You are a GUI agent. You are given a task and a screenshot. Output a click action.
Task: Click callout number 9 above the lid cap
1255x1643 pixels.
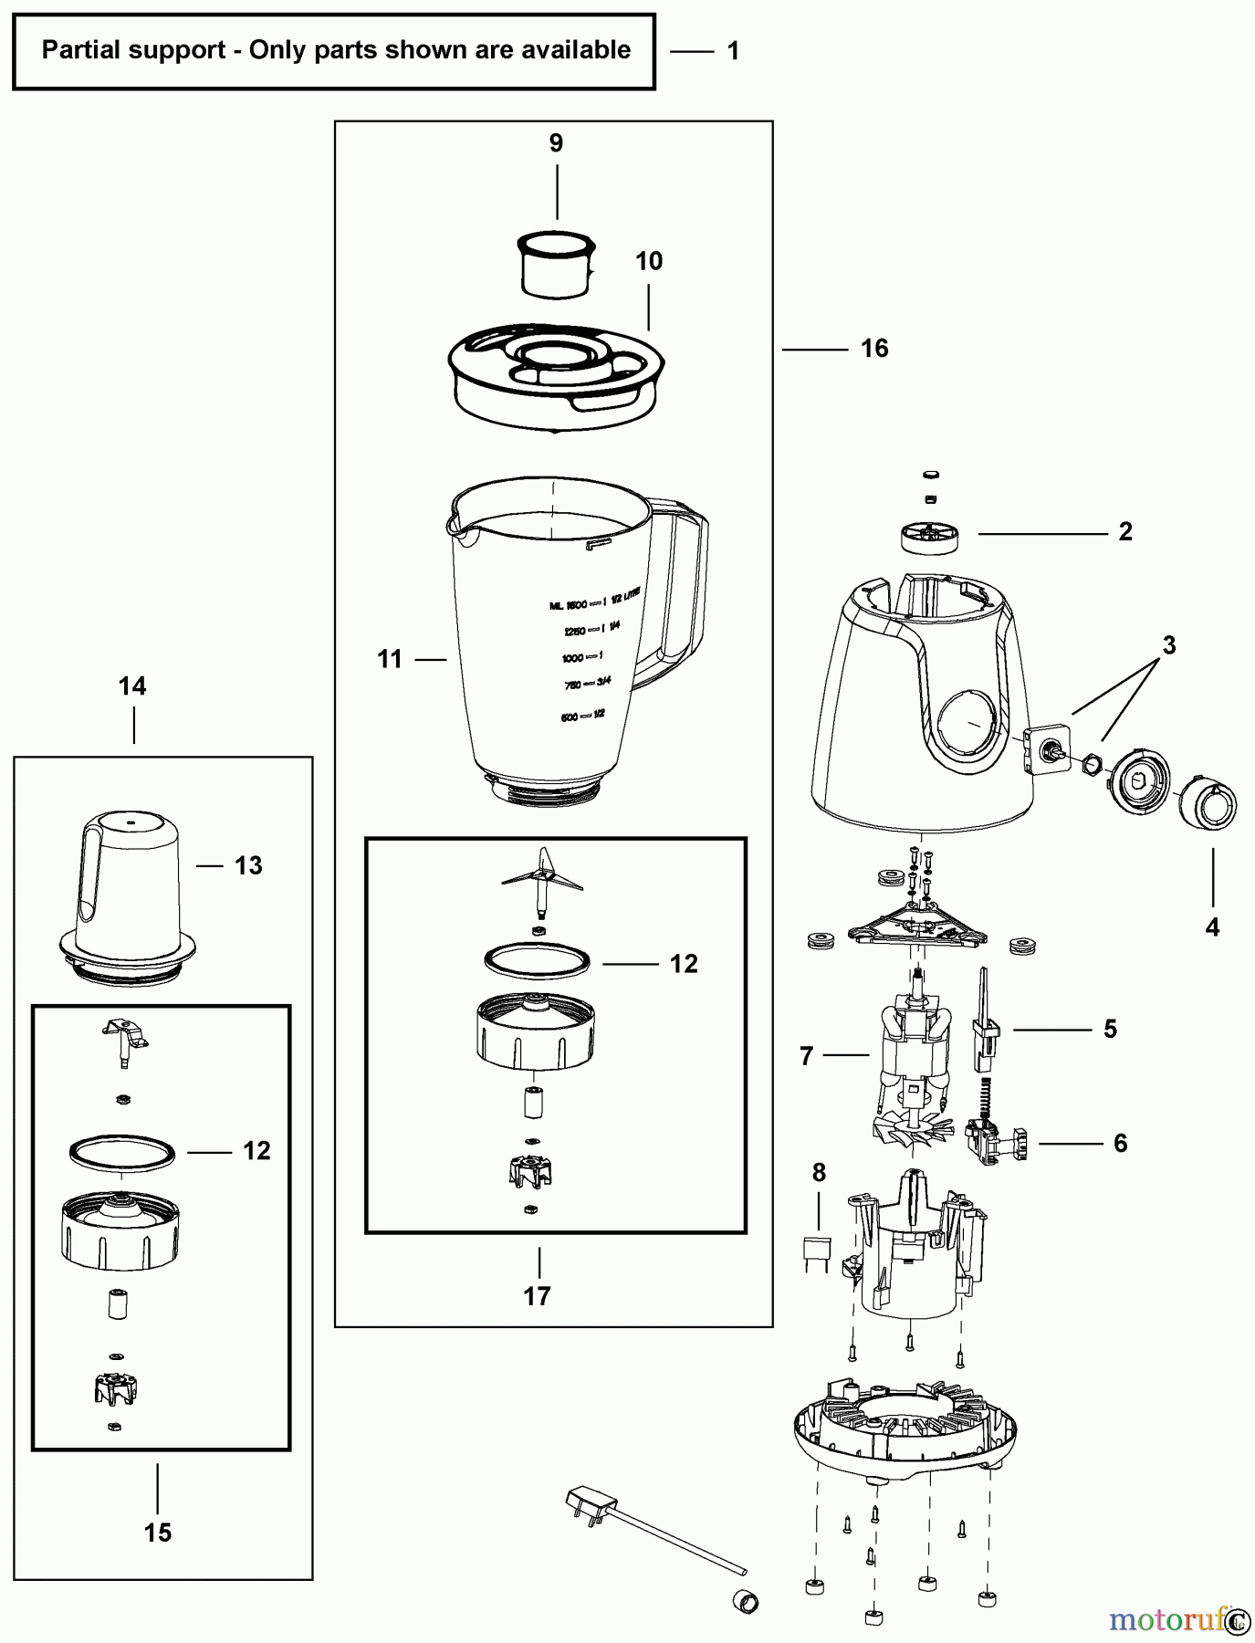click(x=556, y=143)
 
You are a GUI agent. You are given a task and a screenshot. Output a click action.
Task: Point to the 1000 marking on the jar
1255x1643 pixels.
click(x=573, y=658)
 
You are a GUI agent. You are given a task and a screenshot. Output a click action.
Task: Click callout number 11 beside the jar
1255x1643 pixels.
click(x=390, y=658)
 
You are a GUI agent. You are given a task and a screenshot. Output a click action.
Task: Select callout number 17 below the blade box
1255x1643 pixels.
click(x=537, y=1295)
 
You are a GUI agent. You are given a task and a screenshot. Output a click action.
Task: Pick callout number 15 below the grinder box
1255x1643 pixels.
click(x=157, y=1533)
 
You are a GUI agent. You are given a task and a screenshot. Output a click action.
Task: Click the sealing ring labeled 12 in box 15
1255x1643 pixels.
click(x=121, y=1152)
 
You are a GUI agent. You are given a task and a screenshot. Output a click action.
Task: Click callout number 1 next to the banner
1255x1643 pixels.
click(x=732, y=51)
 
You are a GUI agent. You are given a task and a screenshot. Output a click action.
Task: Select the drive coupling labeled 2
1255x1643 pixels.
click(x=930, y=536)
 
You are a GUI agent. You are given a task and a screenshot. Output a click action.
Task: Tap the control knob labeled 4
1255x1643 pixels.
click(x=1205, y=802)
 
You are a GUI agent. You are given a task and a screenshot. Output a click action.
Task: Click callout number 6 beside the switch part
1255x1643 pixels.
click(x=1120, y=1143)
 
